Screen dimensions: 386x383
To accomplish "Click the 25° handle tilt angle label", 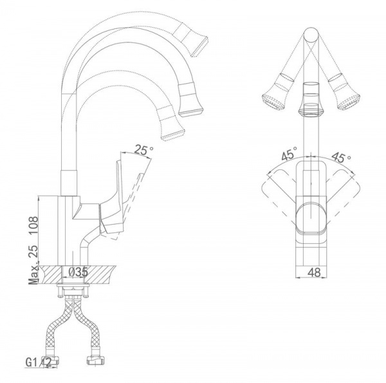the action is click(144, 150).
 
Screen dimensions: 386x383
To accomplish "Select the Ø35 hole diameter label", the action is click(78, 272).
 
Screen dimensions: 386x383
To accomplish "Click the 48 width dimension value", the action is click(315, 272).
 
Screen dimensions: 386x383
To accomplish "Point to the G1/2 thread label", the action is click(39, 362).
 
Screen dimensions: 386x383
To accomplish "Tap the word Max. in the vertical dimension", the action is click(33, 274).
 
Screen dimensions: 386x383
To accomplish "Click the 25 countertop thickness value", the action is click(33, 251).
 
